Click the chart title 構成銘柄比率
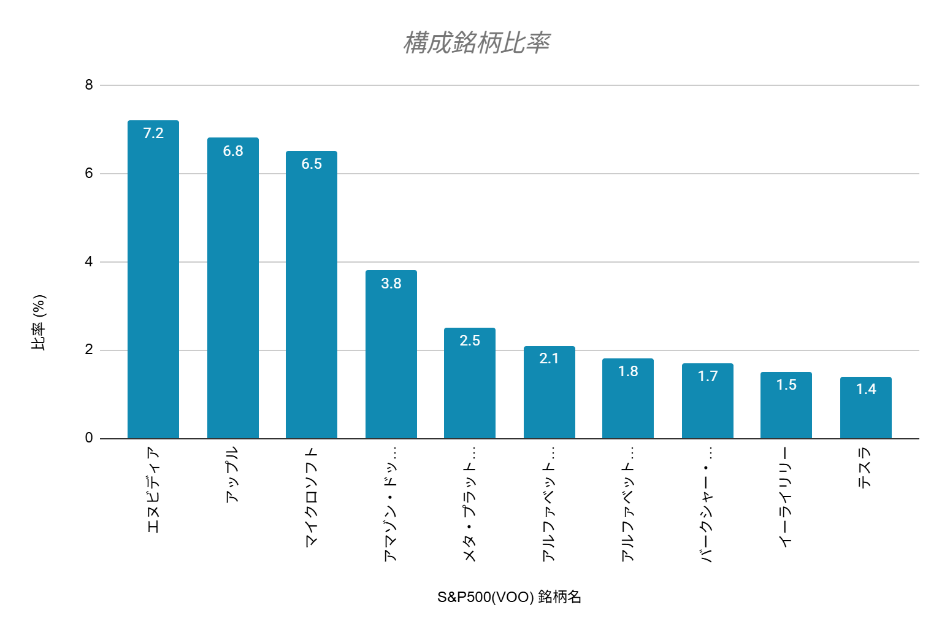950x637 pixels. pyautogui.click(x=476, y=43)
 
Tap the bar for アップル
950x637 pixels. pyautogui.click(x=233, y=288)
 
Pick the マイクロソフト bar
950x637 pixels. pyautogui.click(x=312, y=295)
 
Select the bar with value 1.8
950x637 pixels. pyautogui.click(x=628, y=399)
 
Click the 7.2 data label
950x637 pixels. pyautogui.click(x=153, y=133)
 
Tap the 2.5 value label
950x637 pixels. pyautogui.click(x=470, y=341)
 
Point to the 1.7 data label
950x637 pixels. pyautogui.click(x=708, y=376)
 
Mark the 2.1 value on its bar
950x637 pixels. pyautogui.click(x=549, y=358)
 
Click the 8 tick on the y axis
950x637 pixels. pyautogui.click(x=89, y=85)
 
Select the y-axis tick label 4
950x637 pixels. pyautogui.click(x=89, y=262)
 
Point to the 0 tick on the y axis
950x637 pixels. pyautogui.click(x=89, y=438)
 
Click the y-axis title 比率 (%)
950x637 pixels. pyautogui.click(x=39, y=322)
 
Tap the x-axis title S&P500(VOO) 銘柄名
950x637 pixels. pyautogui.click(x=509, y=597)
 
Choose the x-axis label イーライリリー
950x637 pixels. pyautogui.click(x=786, y=497)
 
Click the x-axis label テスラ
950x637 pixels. pyautogui.click(x=865, y=468)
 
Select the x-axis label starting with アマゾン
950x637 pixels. pyautogui.click(x=391, y=504)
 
